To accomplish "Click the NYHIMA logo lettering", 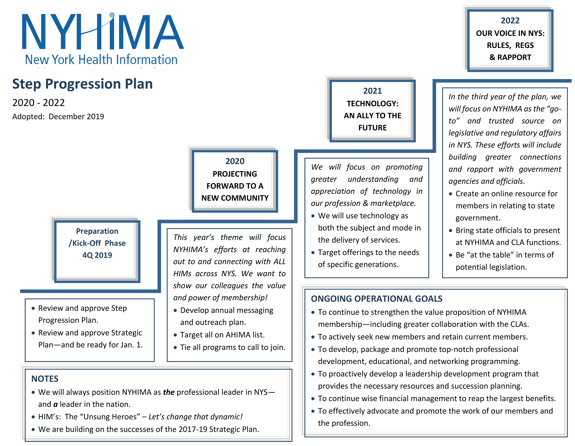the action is point(103,31).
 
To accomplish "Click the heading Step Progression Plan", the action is point(82,84).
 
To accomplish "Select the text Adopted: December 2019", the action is point(58,116).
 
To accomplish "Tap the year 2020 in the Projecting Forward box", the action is point(235,161).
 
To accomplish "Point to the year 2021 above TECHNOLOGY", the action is point(373,91).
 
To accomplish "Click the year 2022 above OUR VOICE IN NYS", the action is point(510,20).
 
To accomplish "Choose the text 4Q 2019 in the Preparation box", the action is point(97,255).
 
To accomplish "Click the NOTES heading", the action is point(45,379).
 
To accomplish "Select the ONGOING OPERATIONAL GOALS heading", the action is point(377,299).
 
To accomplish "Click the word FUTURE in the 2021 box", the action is point(373,128).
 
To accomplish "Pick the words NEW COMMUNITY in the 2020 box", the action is point(235,198).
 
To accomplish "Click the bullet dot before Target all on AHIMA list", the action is point(175,335).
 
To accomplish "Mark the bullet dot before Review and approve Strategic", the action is point(33,333).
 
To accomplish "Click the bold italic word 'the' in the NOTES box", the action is point(169,392).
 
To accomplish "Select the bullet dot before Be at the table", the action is point(451,255).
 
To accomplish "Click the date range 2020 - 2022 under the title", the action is point(38,102).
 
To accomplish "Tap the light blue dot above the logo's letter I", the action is point(112,15).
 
